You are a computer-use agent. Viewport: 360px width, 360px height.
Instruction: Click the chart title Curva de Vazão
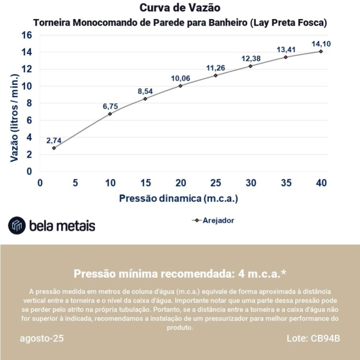pos(179,8)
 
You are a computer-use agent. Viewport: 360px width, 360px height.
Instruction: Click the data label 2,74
pos(55,140)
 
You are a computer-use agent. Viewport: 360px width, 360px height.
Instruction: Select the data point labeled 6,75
pos(110,114)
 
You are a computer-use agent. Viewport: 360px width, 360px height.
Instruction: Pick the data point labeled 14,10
pos(321,51)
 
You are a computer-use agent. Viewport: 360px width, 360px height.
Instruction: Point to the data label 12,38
pos(251,58)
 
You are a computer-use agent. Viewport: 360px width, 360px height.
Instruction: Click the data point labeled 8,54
pos(145,99)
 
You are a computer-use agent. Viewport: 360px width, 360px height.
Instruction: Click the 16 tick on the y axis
pos(27,35)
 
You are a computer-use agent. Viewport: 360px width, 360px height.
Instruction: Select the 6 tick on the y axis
pos(29,120)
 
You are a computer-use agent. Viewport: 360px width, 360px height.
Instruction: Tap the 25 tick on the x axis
pos(215,183)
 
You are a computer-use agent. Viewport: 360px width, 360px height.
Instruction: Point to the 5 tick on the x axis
pos(75,183)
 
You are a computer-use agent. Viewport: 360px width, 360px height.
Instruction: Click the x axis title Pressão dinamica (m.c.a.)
pos(178,198)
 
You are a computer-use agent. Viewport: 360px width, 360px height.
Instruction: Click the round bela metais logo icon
pos(17,225)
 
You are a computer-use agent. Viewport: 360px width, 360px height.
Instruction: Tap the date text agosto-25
pos(42,339)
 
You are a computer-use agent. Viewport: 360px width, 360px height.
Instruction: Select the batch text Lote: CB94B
pos(313,339)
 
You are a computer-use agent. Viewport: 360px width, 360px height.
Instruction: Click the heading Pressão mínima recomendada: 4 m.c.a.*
pos(179,273)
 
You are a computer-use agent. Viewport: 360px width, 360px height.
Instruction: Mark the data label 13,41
pos(286,49)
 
